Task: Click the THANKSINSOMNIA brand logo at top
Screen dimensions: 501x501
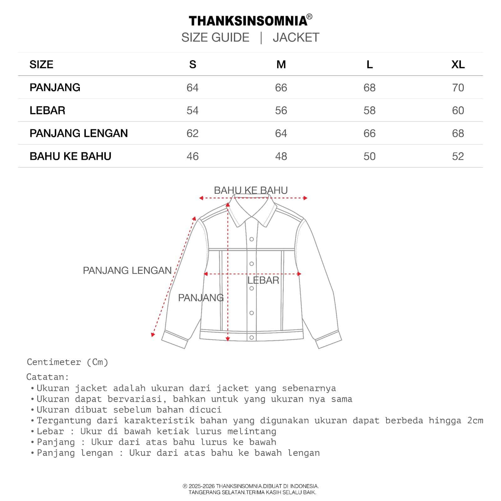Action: (248, 21)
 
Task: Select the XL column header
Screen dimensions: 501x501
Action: (458, 65)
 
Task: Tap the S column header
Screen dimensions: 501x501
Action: (193, 65)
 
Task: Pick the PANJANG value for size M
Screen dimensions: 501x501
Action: (281, 88)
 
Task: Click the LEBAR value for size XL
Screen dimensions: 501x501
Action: (458, 111)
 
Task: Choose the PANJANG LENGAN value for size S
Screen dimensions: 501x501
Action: (193, 133)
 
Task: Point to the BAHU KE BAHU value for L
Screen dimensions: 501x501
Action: (369, 156)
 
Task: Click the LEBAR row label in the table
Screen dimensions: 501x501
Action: (47, 111)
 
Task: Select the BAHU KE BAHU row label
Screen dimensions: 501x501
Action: (70, 156)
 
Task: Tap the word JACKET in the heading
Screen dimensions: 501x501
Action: (296, 38)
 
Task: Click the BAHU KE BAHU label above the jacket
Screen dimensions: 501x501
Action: (251, 190)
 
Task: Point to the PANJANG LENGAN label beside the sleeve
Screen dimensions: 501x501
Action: (127, 271)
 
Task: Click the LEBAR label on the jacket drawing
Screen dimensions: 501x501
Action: (263, 280)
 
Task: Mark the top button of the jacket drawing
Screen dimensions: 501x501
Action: (251, 240)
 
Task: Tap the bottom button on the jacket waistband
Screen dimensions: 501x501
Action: (251, 338)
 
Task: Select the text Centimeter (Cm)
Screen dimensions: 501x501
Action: (67, 362)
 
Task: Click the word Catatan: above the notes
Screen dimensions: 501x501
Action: (48, 377)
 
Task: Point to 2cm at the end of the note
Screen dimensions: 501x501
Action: (475, 421)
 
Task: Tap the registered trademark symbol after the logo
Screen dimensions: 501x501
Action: (309, 17)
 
